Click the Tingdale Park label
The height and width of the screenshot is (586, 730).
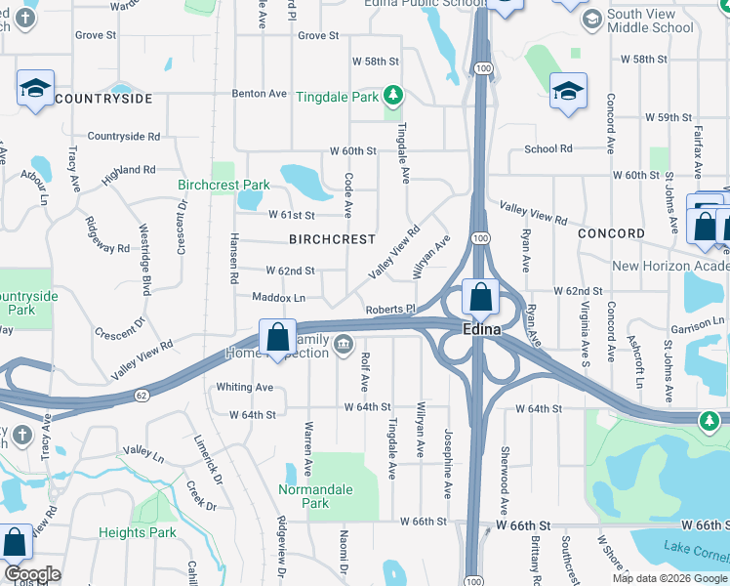pyautogui.click(x=337, y=98)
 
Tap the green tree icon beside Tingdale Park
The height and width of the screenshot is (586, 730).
pyautogui.click(x=392, y=96)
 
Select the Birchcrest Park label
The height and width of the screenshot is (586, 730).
pyautogui.click(x=223, y=185)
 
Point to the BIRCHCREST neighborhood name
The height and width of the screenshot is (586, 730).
pyautogui.click(x=333, y=239)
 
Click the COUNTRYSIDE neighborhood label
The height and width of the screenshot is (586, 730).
pyautogui.click(x=103, y=100)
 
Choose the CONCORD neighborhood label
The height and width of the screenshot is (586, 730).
pyautogui.click(x=611, y=234)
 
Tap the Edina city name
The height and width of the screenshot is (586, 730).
pyautogui.click(x=481, y=330)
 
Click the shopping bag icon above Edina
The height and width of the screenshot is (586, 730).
pyautogui.click(x=481, y=296)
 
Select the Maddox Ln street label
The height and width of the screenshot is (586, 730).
pyautogui.click(x=279, y=297)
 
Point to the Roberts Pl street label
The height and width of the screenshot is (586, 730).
pyautogui.click(x=391, y=310)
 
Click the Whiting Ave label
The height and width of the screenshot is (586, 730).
pyautogui.click(x=245, y=387)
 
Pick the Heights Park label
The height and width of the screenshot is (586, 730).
pyautogui.click(x=138, y=533)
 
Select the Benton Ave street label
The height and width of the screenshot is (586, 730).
pyautogui.click(x=260, y=94)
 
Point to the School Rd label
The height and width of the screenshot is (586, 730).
pyautogui.click(x=547, y=149)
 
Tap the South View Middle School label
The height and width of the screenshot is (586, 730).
pyautogui.click(x=651, y=21)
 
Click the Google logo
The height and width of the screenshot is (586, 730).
pyautogui.click(x=32, y=574)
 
